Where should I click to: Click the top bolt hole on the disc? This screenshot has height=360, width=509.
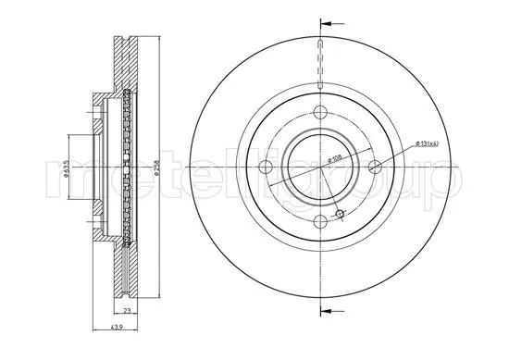[320, 112]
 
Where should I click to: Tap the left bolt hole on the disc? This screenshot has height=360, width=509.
[266, 167]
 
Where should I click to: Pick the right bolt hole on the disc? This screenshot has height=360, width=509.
[375, 167]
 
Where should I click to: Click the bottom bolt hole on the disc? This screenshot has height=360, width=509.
[320, 221]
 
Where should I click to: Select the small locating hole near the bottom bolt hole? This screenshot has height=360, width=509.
[339, 215]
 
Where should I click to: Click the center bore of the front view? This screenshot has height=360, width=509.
[310, 167]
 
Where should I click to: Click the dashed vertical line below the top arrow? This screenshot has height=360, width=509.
[320, 65]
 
